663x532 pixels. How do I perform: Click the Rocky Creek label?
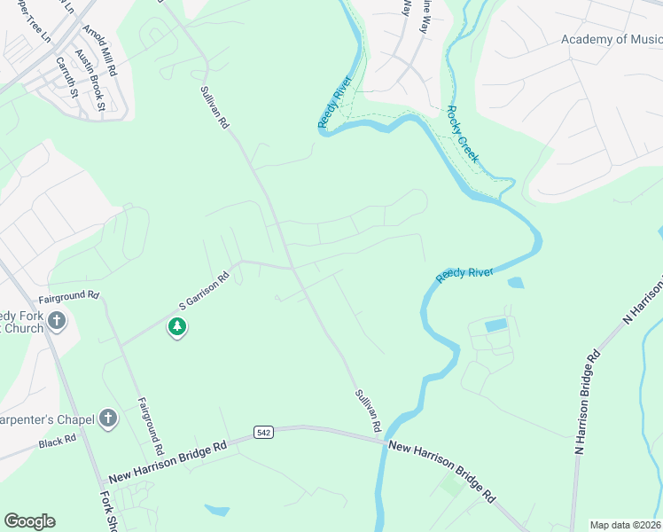[463, 134]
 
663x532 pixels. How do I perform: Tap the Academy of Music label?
[612, 39]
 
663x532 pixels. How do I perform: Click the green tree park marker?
[177, 327]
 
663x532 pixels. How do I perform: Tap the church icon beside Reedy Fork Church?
[56, 320]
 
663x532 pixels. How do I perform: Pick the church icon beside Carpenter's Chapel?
[108, 418]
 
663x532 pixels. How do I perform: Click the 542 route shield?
[262, 432]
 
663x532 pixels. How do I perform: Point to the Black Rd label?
[58, 439]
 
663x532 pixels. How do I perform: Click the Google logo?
[29, 521]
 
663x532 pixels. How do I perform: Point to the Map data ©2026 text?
[624, 525]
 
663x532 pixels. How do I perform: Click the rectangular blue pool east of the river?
[497, 325]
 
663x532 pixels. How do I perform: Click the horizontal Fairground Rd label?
[68, 294]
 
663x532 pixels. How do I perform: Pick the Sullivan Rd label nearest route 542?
[368, 411]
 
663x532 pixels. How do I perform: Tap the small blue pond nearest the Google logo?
[216, 510]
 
